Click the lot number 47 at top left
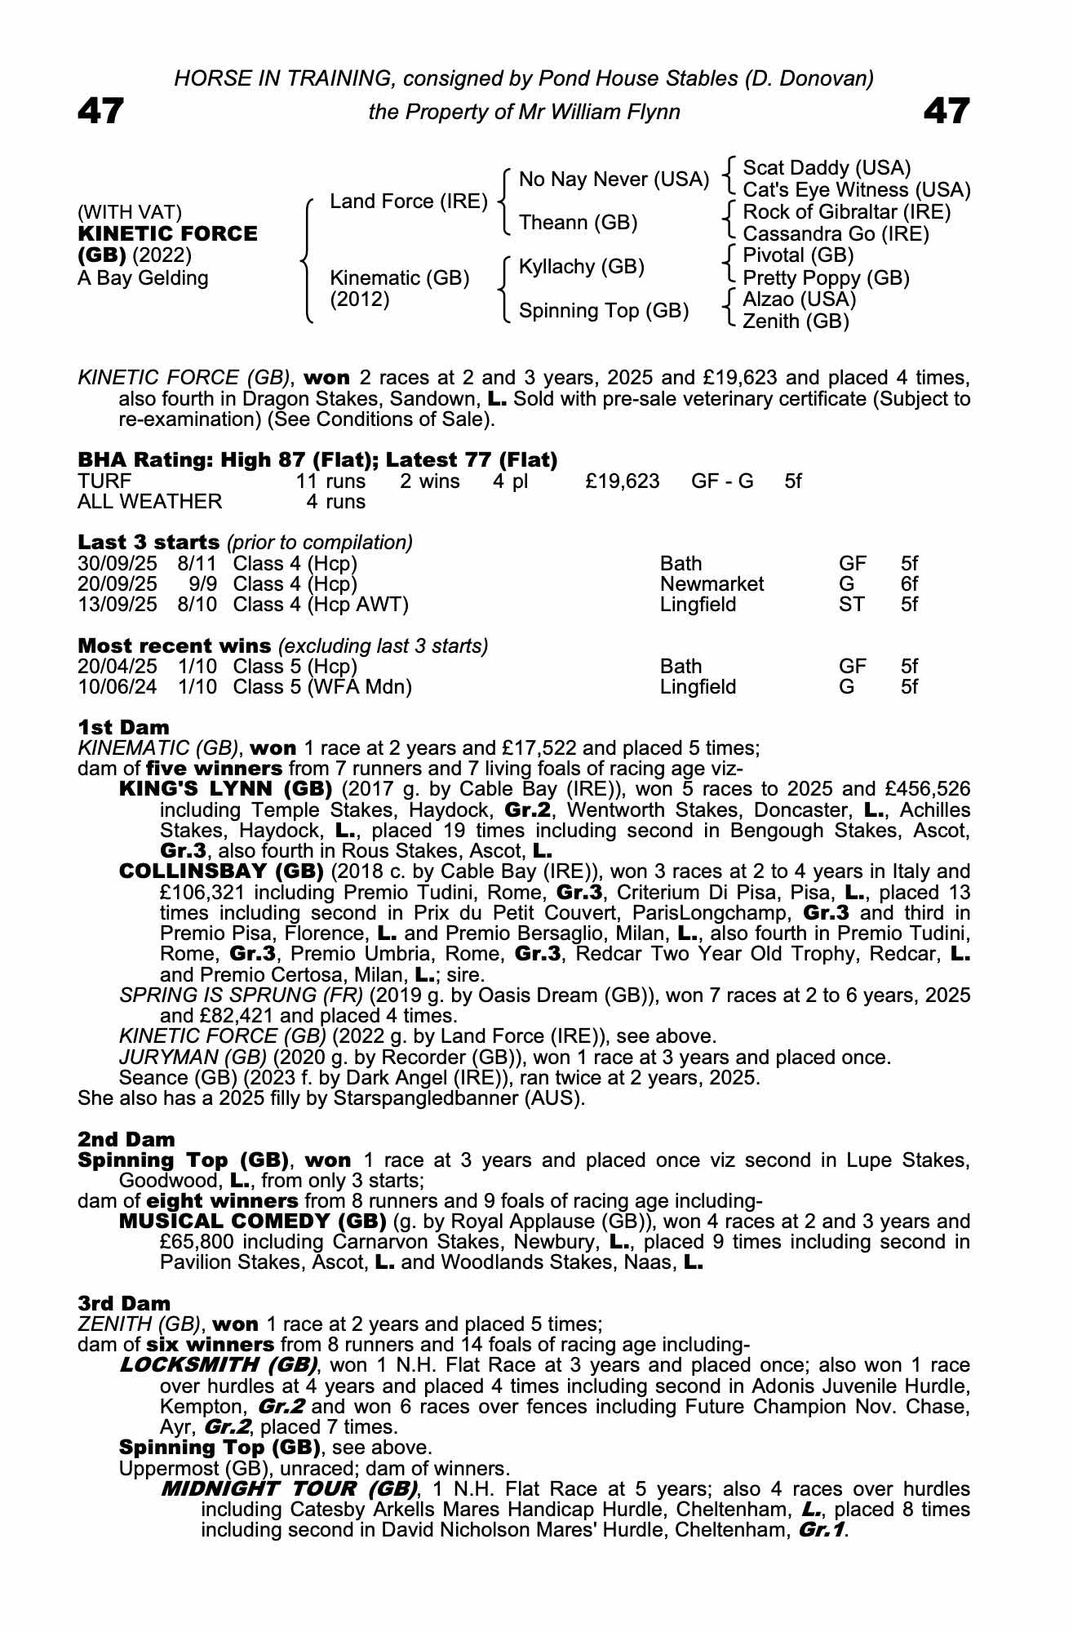100,111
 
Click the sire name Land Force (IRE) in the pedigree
408,202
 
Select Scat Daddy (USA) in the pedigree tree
827,168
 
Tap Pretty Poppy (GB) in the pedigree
826,278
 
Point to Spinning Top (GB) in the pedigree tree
604,311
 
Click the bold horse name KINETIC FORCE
167,234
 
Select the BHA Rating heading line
317,460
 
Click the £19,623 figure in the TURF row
622,481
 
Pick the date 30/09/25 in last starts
117,564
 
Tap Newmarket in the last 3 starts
712,584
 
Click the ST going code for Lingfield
852,605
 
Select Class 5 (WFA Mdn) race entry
321,687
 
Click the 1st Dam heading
123,727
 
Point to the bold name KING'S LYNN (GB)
225,789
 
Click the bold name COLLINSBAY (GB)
221,871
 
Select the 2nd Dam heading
126,1139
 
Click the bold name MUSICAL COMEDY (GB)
252,1222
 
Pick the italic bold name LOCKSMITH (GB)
219,1365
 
